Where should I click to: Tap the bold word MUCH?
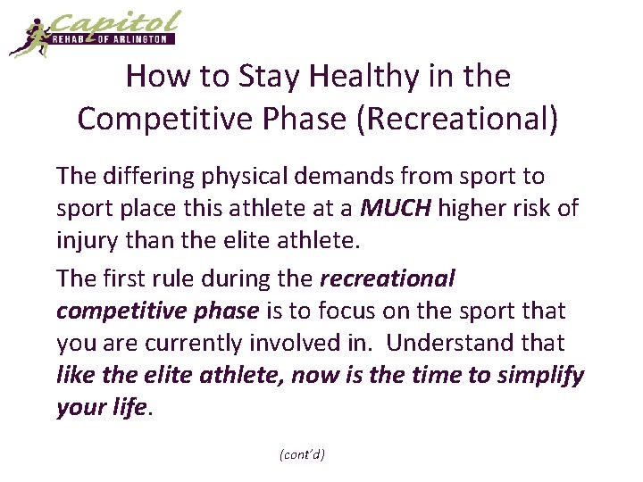coord(396,210)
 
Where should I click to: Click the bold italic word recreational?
coord(387,278)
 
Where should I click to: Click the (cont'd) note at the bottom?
coord(302,454)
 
